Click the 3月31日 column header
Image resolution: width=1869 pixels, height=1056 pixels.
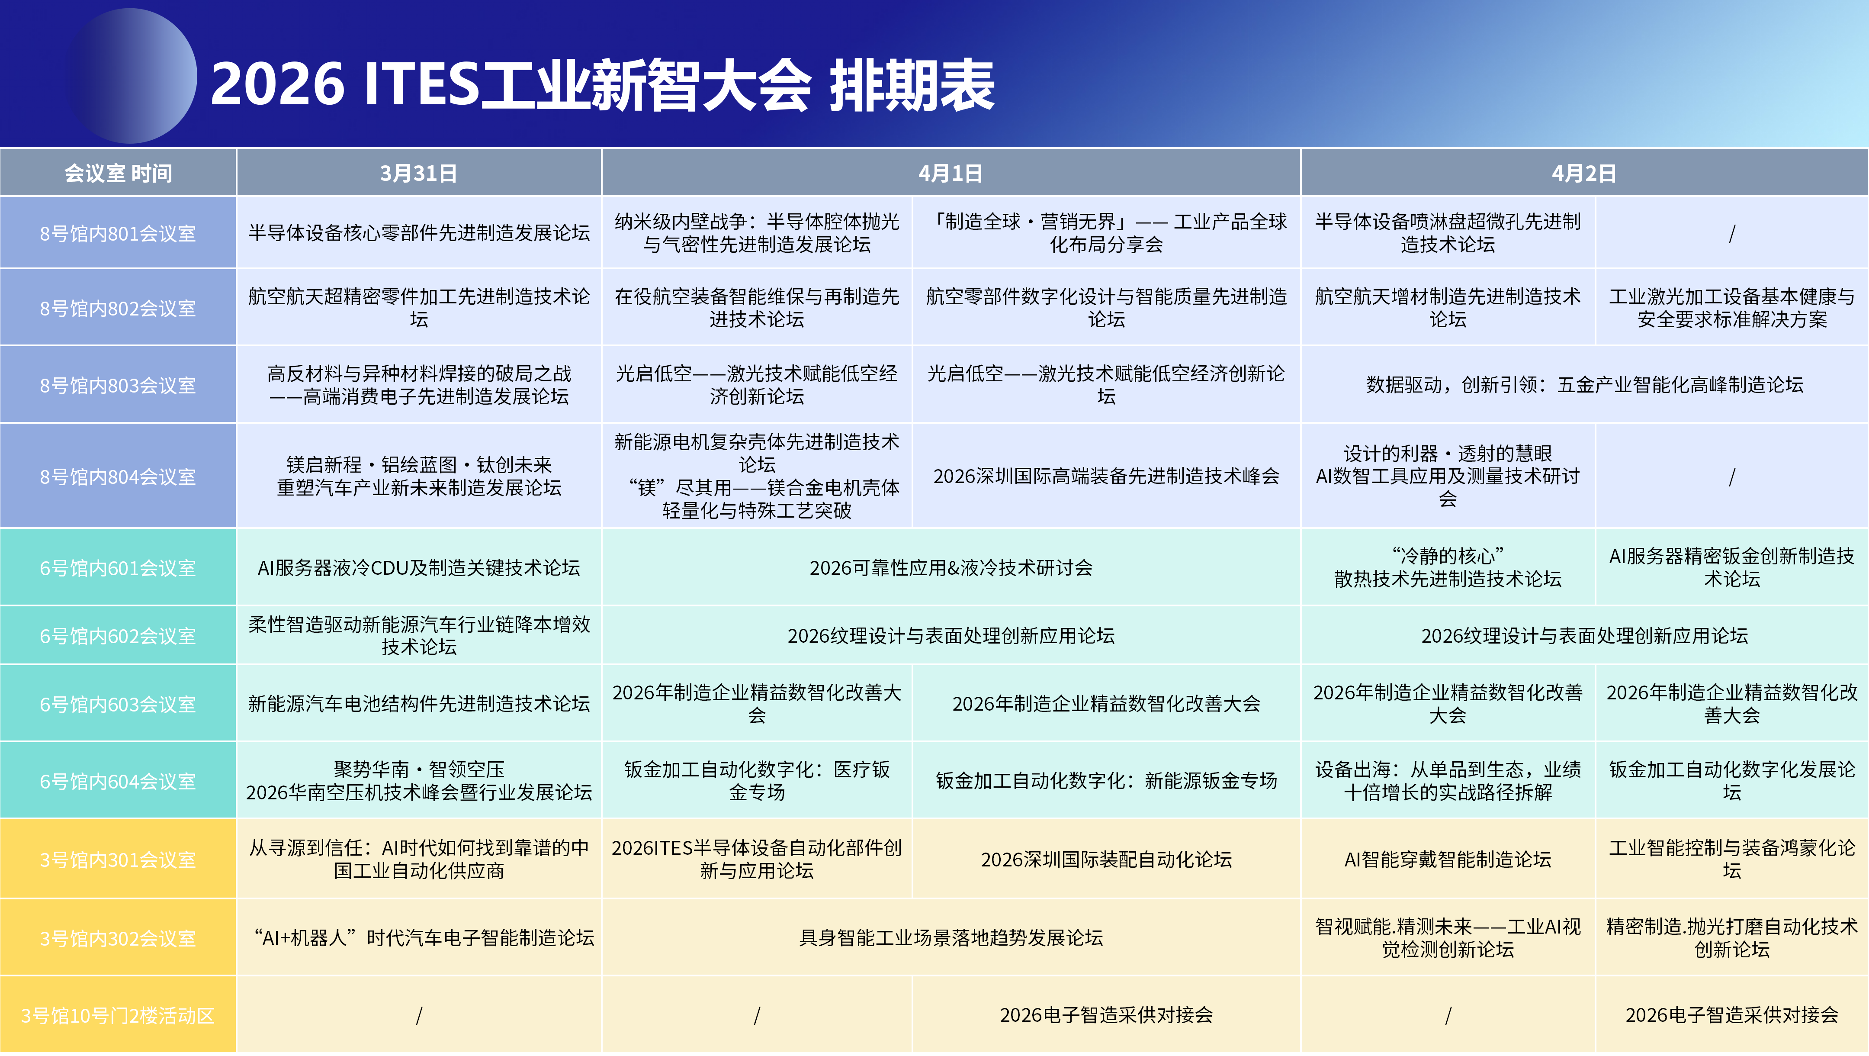click(x=419, y=174)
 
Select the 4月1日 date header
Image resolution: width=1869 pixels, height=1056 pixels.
click(x=951, y=174)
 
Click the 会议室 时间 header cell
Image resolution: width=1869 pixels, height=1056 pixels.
click(x=118, y=174)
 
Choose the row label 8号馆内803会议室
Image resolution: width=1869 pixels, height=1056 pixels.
click(x=118, y=385)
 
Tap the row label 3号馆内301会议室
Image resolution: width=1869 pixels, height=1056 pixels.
click(x=118, y=860)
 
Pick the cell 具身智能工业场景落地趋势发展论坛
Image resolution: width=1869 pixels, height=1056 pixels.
click(x=951, y=938)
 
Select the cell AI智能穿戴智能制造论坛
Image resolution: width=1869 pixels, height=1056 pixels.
click(x=1448, y=860)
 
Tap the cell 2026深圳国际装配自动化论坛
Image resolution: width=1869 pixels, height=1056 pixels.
click(x=1106, y=860)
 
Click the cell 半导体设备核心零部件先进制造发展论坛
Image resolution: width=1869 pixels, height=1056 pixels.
click(x=419, y=233)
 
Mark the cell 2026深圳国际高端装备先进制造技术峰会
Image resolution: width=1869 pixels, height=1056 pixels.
click(x=1106, y=476)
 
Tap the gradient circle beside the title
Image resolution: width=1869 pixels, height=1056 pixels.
click(x=131, y=75)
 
